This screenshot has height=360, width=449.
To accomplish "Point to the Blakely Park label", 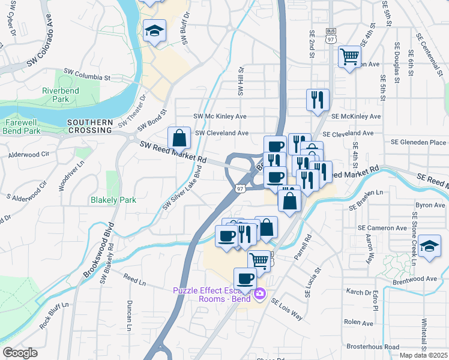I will [113, 200].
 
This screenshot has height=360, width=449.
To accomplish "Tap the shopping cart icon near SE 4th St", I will [349, 57].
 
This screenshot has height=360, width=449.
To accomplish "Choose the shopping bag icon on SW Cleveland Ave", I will [179, 137].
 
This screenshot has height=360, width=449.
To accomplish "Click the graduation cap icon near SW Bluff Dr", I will [154, 31].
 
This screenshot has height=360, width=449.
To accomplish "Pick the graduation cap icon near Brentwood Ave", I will [429, 247].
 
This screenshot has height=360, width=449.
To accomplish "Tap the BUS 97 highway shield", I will [331, 37].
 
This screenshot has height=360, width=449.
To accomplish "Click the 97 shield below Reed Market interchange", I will [240, 188].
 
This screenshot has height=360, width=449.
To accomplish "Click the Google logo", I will [20, 353].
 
